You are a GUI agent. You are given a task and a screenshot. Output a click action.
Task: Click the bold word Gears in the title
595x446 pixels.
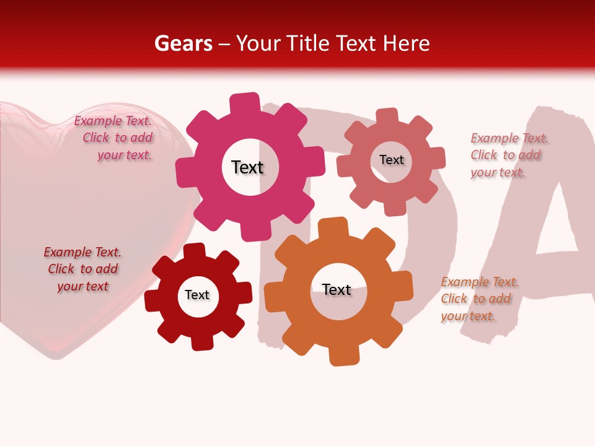(x=183, y=43)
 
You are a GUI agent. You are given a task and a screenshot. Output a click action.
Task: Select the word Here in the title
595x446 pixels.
(x=407, y=43)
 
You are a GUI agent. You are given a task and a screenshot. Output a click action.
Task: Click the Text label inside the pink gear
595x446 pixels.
(x=247, y=167)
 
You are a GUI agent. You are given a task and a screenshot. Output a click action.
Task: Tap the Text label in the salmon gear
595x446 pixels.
(x=391, y=160)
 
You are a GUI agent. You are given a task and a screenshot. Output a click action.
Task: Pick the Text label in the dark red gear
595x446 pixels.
(x=197, y=295)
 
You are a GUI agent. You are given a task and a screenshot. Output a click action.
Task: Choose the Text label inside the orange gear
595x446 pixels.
(x=337, y=289)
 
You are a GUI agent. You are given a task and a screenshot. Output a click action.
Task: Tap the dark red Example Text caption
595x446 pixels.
(x=82, y=269)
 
